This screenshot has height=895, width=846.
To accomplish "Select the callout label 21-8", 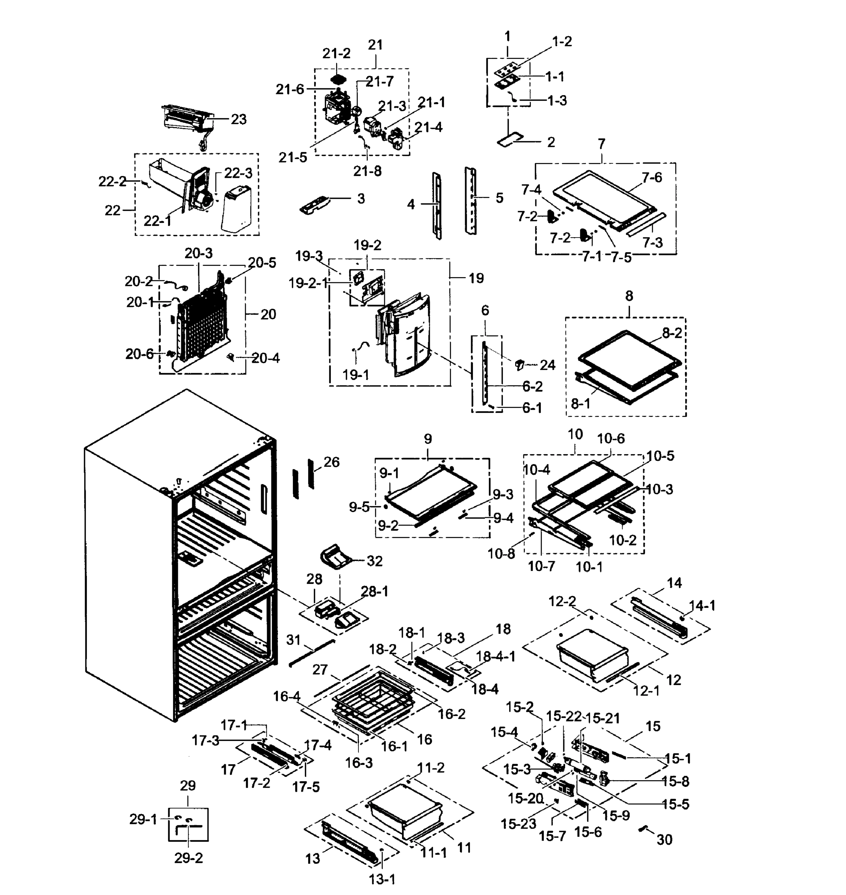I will point(367,171).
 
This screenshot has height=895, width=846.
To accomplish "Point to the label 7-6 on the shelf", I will point(652,178).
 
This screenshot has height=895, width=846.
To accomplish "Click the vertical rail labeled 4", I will point(437,205).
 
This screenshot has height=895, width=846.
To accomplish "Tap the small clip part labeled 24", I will point(519,364).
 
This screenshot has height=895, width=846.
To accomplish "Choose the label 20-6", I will point(140,354).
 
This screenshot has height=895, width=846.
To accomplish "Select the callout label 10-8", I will point(501,554).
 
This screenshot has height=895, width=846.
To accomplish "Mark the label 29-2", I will point(188,858).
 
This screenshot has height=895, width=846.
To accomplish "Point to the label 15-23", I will point(518,824).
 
